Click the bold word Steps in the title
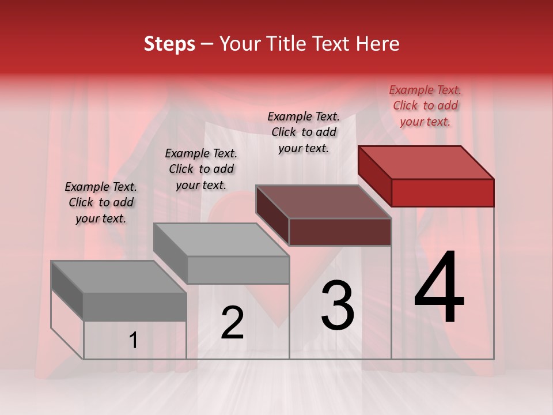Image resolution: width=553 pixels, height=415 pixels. (x=169, y=44)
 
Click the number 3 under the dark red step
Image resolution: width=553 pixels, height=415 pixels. (x=338, y=305)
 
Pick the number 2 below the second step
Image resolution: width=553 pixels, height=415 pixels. (x=232, y=323)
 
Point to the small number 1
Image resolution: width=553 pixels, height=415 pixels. (x=133, y=341)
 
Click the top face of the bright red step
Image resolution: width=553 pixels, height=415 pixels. (x=426, y=163)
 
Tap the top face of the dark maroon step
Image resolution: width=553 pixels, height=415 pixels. (x=324, y=202)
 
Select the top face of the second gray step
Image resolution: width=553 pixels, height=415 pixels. (x=221, y=240)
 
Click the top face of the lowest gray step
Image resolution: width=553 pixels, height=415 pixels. (x=119, y=277)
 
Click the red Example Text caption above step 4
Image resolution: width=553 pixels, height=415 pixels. (x=425, y=105)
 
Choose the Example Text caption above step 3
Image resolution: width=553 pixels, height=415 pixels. (x=304, y=132)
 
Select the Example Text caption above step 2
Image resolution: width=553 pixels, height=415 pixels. (x=201, y=169)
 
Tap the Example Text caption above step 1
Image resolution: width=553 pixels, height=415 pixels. (x=101, y=202)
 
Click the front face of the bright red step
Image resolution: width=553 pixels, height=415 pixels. (x=442, y=193)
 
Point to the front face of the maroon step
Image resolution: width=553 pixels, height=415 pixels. (x=340, y=232)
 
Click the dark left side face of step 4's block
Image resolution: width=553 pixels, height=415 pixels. (x=374, y=176)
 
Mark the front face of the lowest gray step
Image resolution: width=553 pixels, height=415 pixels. (x=135, y=307)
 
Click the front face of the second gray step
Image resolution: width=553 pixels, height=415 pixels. (x=237, y=270)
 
